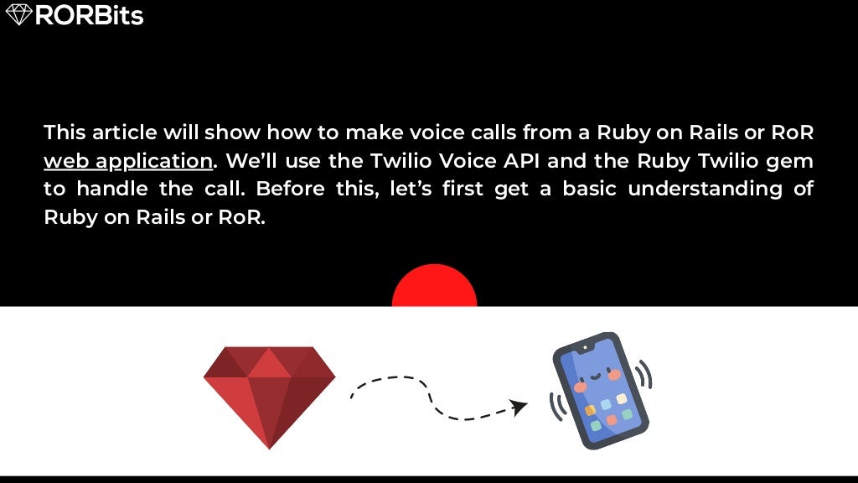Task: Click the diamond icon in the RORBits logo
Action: point(18,14)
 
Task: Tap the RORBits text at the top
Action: point(89,15)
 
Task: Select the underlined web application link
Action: point(128,160)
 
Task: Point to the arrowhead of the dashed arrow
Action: point(519,408)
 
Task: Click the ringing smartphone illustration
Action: point(601,390)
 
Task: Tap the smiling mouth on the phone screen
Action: point(594,375)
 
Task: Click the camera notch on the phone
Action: point(584,346)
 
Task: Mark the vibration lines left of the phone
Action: point(556,407)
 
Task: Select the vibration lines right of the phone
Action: point(644,375)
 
